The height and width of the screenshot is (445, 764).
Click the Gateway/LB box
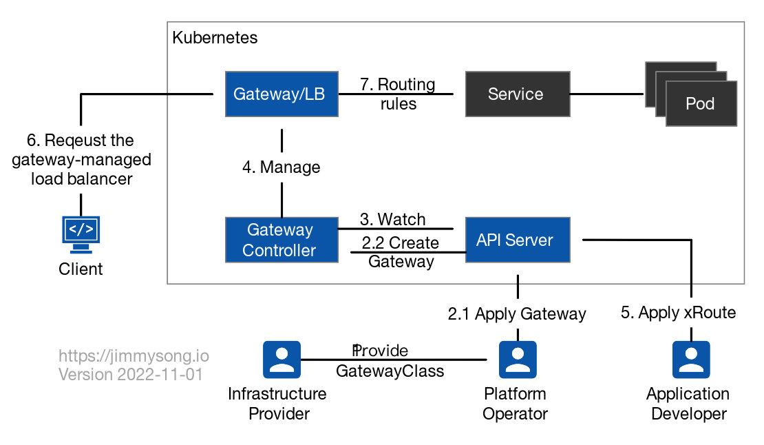click(282, 94)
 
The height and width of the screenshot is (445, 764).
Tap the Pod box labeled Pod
click(701, 104)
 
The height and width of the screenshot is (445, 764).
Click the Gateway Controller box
click(282, 240)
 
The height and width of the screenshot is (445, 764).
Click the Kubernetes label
click(214, 37)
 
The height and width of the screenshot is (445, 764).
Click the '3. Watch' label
click(392, 220)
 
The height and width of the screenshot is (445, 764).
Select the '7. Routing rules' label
click(398, 94)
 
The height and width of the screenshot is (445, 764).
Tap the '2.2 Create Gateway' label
click(401, 252)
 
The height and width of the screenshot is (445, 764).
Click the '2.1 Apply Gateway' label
click(516, 314)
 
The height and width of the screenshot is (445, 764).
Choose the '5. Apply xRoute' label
click(678, 313)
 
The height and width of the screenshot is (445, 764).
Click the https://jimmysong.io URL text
click(134, 356)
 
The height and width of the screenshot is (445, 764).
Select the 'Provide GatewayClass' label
click(390, 361)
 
